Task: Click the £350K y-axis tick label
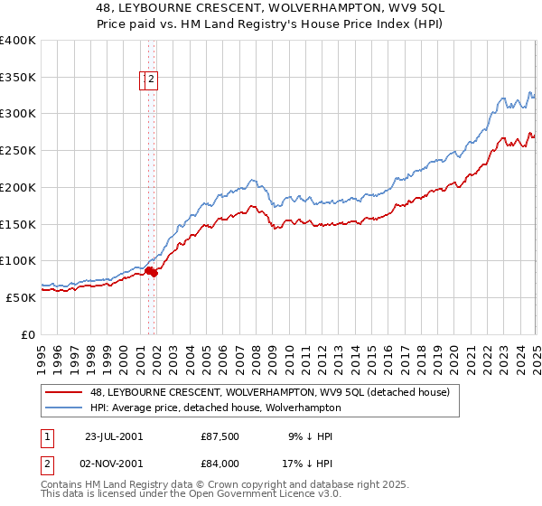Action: coord(18,78)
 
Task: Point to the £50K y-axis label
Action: coord(21,297)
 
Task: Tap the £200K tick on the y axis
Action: coord(18,187)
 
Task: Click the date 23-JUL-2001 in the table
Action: coord(113,436)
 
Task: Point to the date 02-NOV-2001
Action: coord(113,464)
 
